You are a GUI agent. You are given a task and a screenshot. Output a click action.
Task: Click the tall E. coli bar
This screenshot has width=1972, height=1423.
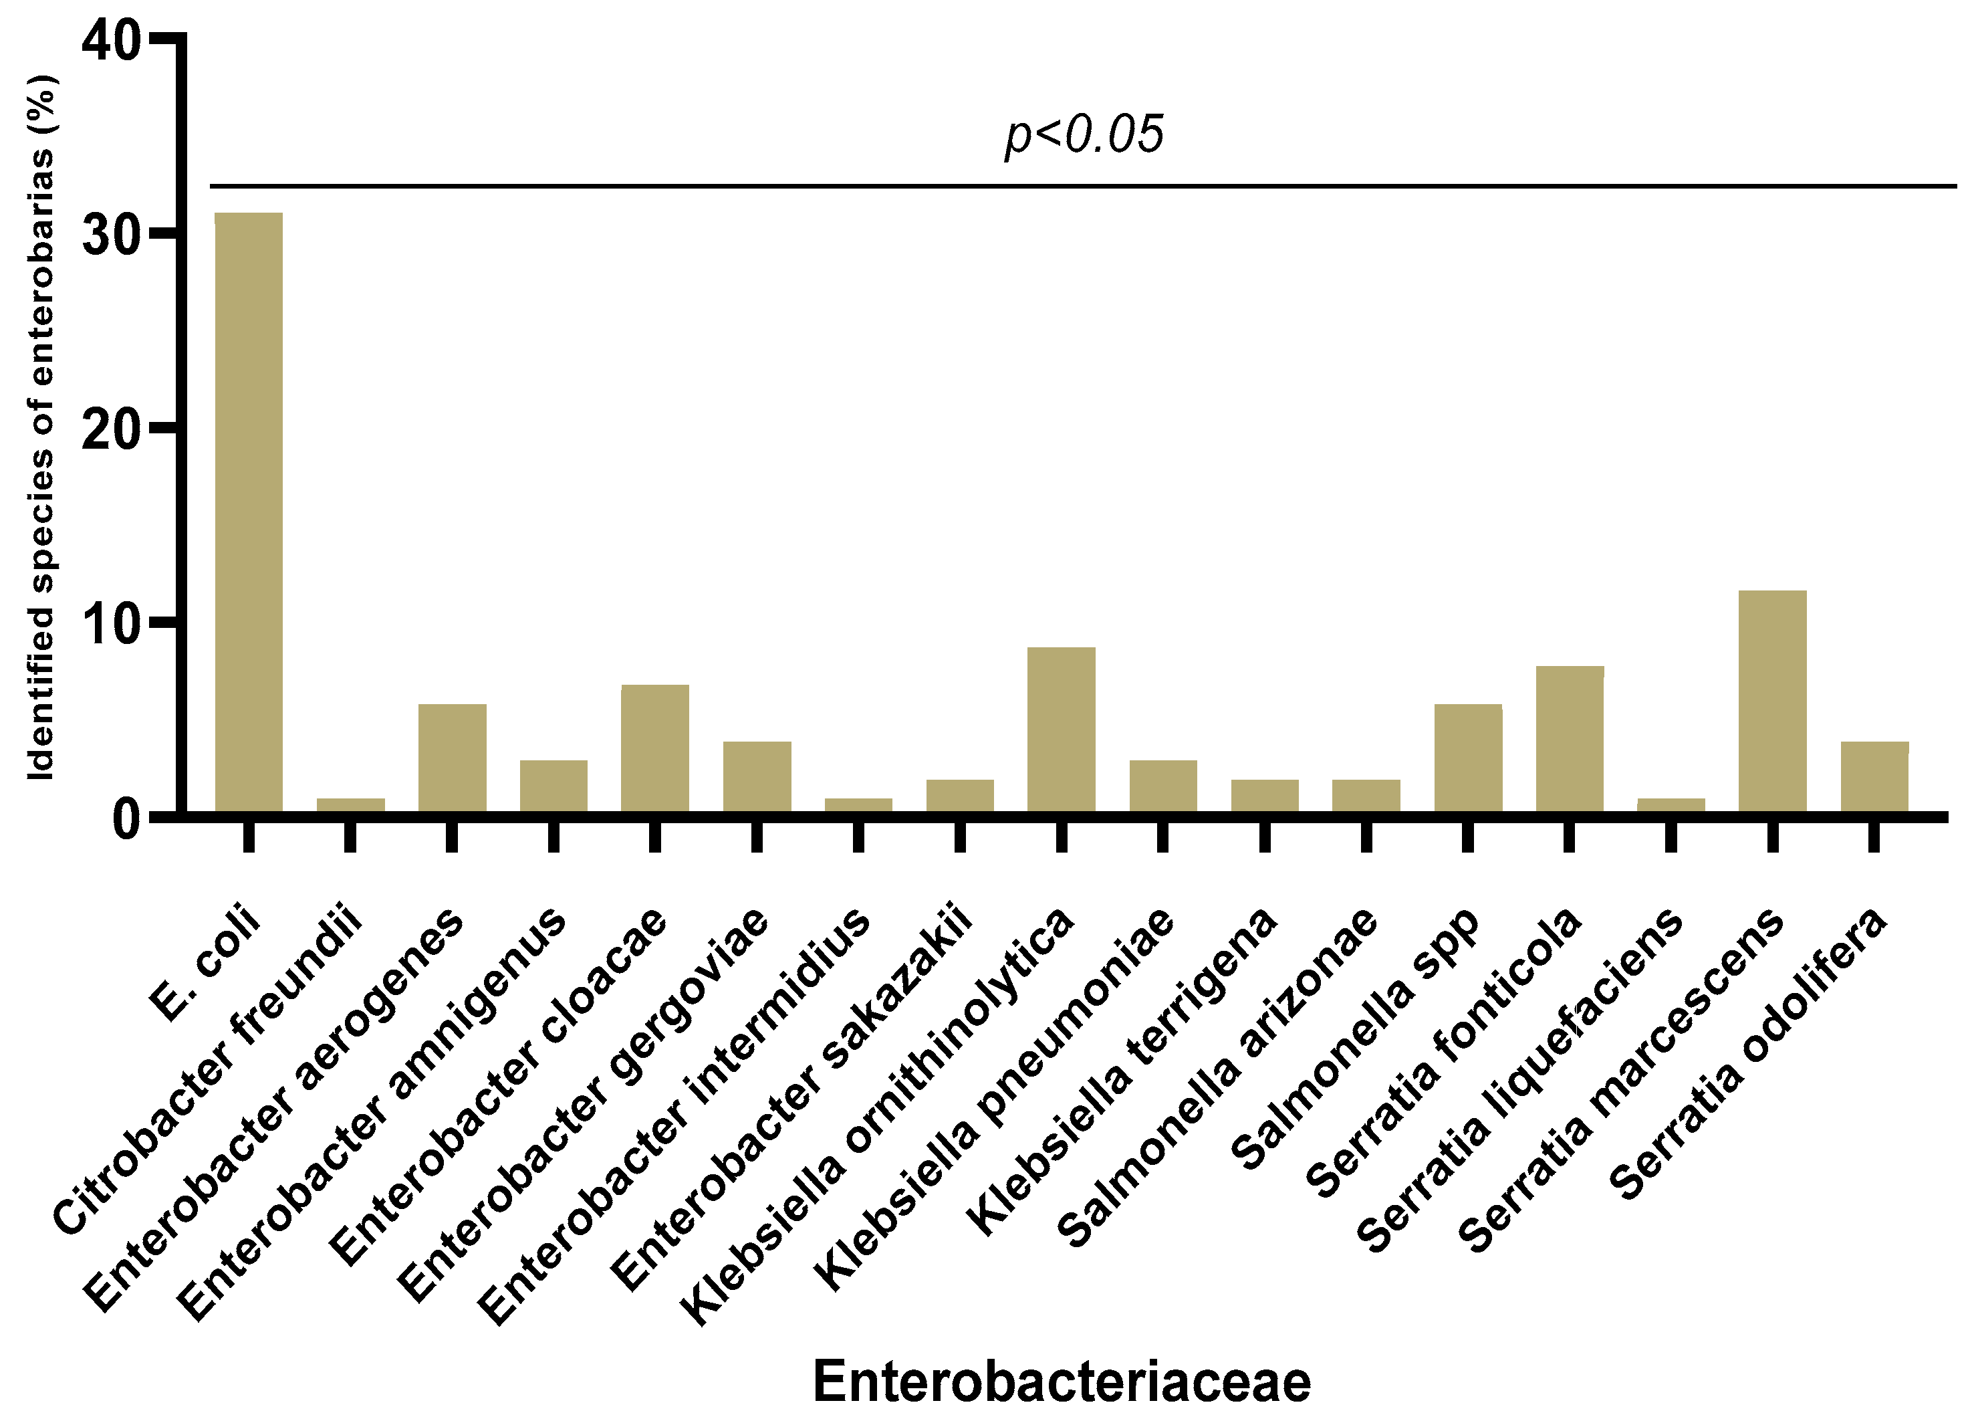[x=249, y=513]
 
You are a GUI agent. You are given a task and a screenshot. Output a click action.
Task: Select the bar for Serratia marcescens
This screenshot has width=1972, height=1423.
[x=1772, y=702]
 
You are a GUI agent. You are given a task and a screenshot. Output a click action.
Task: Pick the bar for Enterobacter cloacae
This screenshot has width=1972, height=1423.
[x=654, y=749]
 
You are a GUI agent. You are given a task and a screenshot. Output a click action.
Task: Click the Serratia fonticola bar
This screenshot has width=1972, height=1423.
[x=1570, y=740]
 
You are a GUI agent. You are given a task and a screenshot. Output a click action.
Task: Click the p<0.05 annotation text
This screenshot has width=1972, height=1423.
[x=1084, y=135]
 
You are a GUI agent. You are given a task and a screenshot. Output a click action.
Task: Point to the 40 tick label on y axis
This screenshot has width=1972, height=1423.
[x=110, y=41]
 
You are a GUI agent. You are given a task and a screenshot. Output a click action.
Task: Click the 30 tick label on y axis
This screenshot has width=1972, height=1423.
[x=110, y=235]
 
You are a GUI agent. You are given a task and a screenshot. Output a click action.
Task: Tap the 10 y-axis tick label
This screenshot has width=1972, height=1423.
[x=110, y=624]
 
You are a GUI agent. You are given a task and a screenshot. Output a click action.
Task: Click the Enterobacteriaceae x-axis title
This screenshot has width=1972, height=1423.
[x=1061, y=1382]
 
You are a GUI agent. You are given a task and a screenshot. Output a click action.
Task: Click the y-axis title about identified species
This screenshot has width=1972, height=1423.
[x=41, y=426]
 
